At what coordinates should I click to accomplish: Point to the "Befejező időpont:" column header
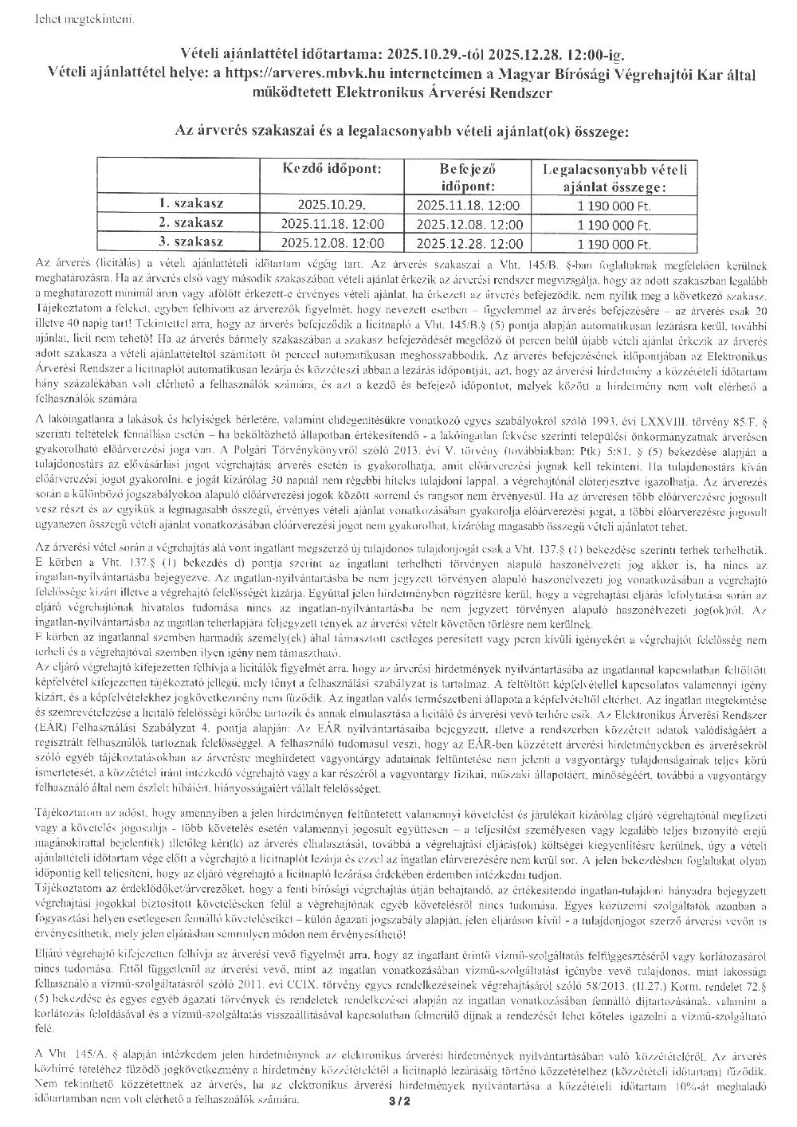coord(468,177)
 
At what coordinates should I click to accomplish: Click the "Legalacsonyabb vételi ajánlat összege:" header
coord(614,177)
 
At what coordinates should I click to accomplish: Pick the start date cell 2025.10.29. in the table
coord(332,205)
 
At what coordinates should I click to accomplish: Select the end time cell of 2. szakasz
coord(469,225)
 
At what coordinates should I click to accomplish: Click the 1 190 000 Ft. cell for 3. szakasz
coord(614,244)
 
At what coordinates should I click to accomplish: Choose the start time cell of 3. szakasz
coord(332,244)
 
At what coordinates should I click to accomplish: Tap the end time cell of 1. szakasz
coord(469,205)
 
